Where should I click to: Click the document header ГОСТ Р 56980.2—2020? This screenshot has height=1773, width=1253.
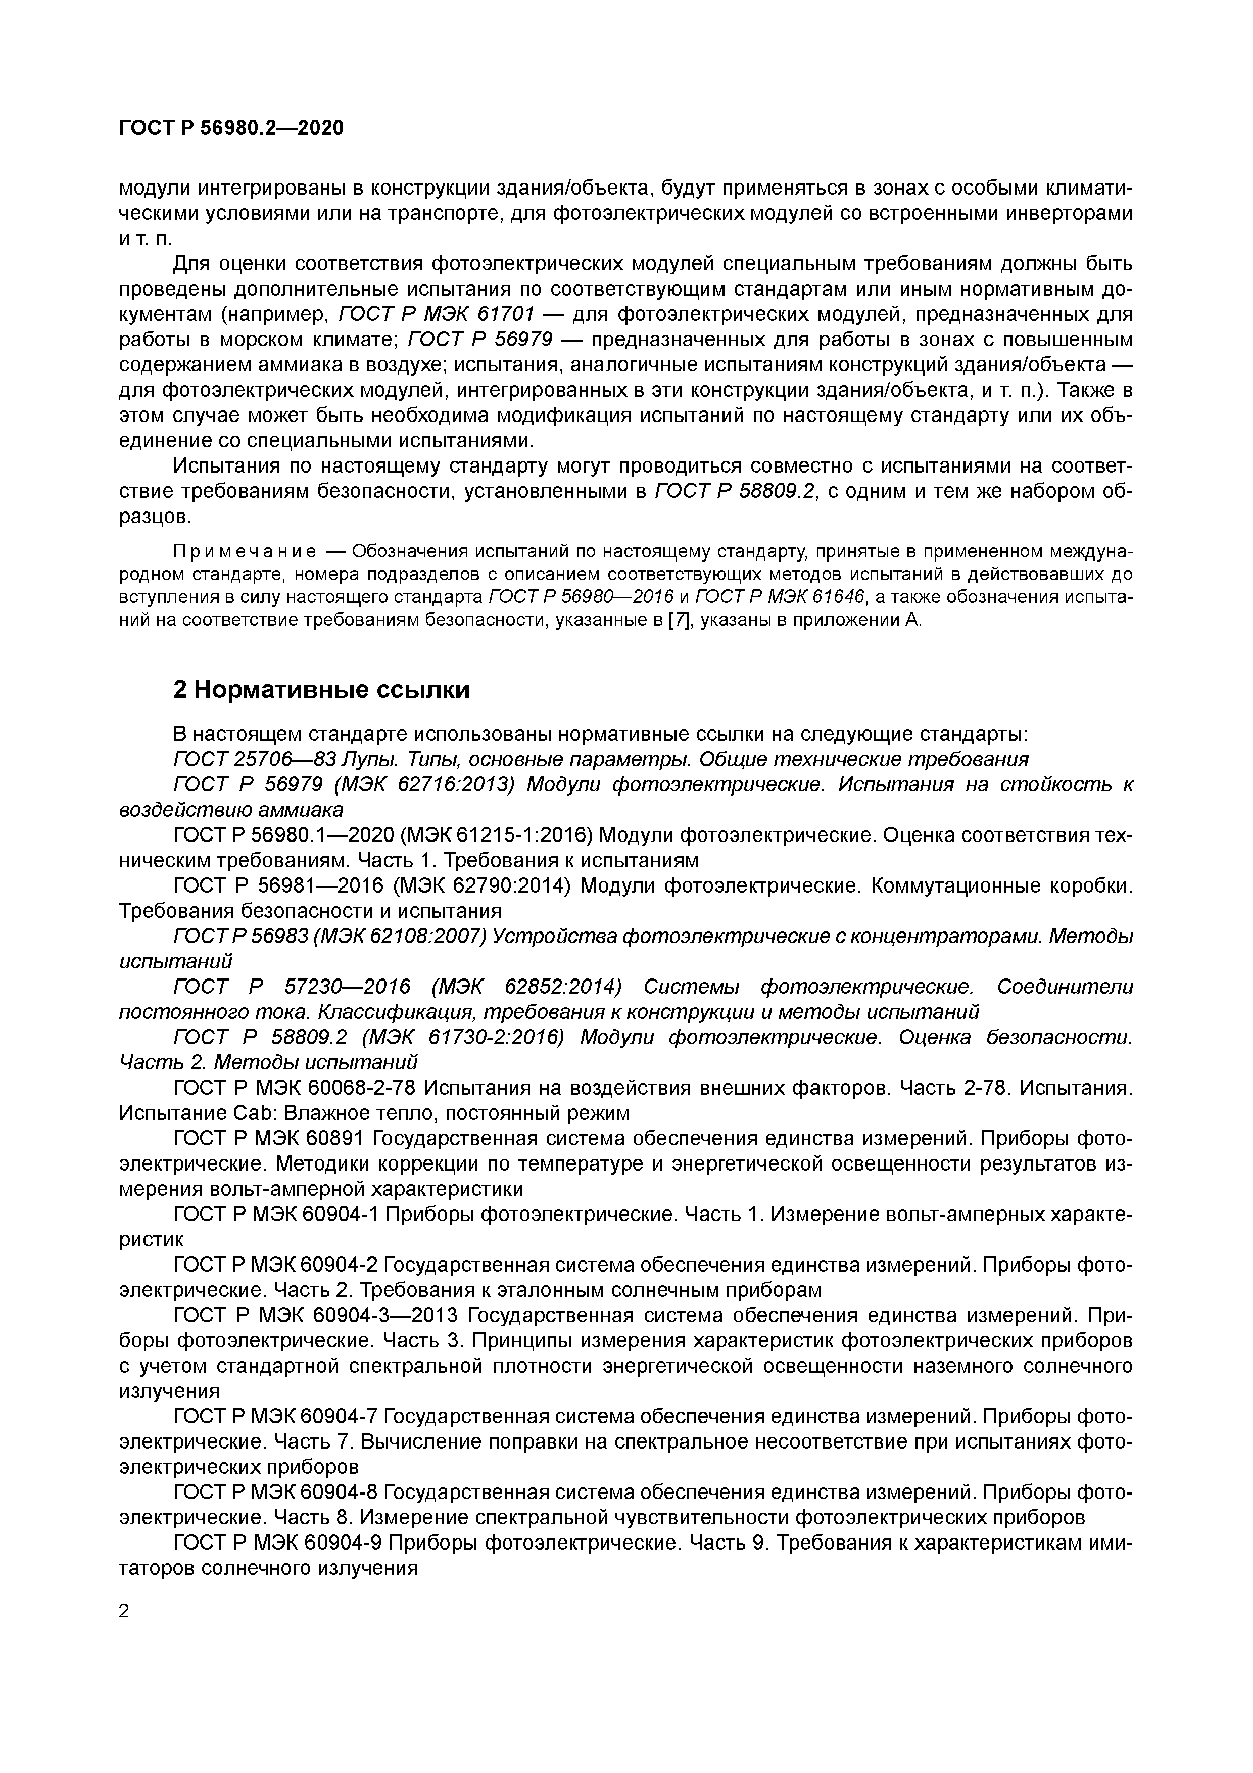[231, 127]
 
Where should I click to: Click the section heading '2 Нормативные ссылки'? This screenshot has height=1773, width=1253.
[321, 689]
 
